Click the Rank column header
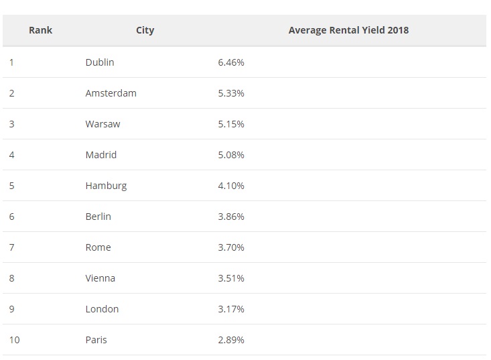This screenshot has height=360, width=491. coord(40,30)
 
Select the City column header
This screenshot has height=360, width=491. coord(145,30)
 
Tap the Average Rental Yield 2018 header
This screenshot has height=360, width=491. coord(348,30)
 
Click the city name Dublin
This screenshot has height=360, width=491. coord(100,62)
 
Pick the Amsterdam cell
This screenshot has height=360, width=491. coord(111,93)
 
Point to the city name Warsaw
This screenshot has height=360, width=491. coord(102,124)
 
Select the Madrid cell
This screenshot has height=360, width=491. coord(101,155)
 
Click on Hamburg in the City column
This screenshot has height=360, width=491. coord(106,186)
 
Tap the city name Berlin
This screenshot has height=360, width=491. coord(98,217)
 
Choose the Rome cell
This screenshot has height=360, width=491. coord(98,247)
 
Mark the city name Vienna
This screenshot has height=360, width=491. coord(100,278)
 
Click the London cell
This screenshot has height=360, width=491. coord(102,309)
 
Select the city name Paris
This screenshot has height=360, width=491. coord(96,340)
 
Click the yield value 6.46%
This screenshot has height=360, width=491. coord(231,62)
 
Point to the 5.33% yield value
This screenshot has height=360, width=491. coord(231,93)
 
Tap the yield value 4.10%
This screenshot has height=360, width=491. coord(231,186)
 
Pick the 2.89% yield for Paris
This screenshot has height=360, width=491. coord(231,340)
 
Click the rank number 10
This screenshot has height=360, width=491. coord(14,340)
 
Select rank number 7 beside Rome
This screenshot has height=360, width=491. coord(12,247)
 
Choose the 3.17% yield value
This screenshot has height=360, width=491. coord(231,309)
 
